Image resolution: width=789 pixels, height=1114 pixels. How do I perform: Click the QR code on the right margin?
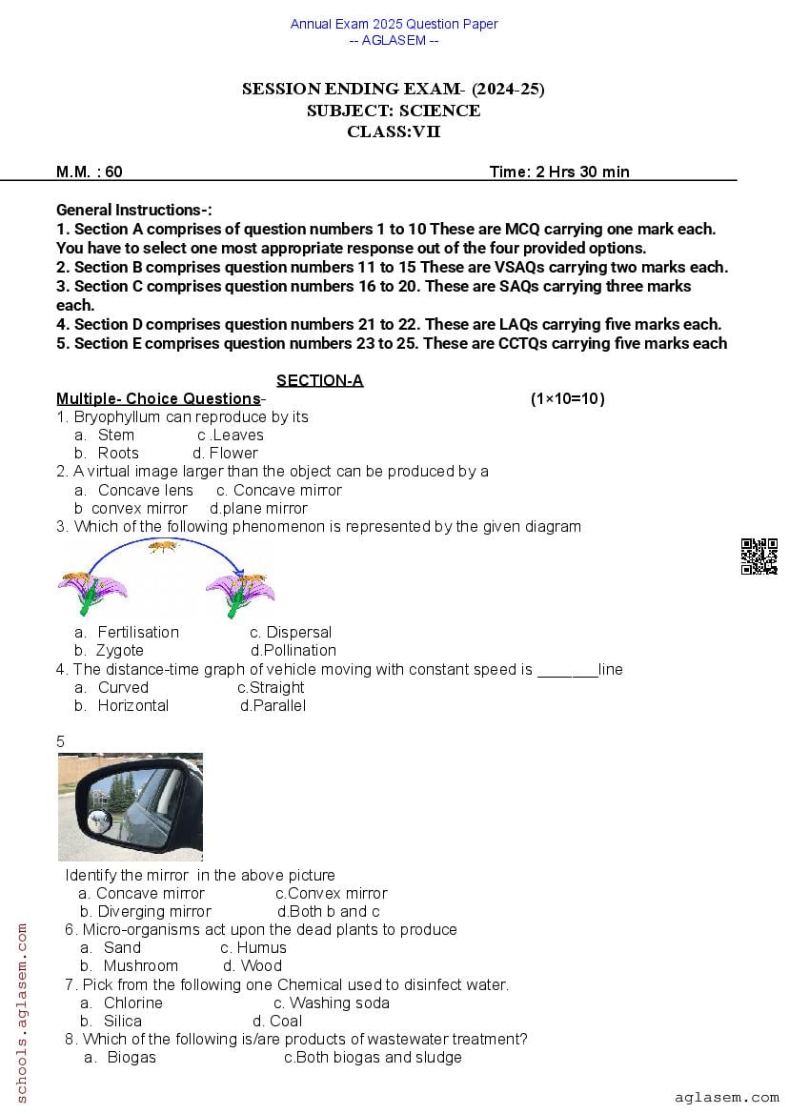759,557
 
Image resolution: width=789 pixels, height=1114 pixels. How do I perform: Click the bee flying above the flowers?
163,547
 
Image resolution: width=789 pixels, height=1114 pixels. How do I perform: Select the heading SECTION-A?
319,380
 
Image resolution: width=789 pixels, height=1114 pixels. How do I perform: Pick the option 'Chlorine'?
132,1003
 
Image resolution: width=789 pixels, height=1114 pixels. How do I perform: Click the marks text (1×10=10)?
567,398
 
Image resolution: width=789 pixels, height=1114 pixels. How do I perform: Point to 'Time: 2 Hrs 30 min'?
559,172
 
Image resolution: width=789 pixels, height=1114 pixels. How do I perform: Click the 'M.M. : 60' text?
90,172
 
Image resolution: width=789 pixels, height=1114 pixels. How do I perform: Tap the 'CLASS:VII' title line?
394,132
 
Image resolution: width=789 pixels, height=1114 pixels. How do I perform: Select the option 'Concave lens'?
145,490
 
